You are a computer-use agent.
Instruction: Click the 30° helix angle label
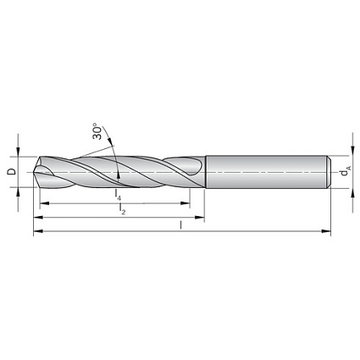[x=97, y=131]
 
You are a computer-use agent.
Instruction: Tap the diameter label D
[x=12, y=171]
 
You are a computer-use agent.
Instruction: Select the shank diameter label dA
[x=345, y=171]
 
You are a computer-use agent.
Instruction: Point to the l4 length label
[x=118, y=195]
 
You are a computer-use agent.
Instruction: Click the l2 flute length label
[x=122, y=208]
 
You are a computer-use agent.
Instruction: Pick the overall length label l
[x=180, y=225]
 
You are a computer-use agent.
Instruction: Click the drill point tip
[x=34, y=171]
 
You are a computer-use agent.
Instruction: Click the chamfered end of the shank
[x=329, y=171]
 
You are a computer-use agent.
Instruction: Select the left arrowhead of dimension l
[x=38, y=231]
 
